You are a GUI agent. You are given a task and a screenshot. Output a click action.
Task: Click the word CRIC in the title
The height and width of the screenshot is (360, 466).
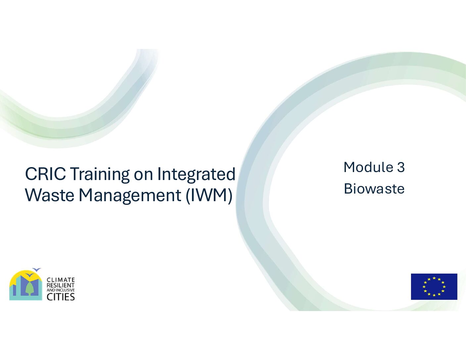(45, 173)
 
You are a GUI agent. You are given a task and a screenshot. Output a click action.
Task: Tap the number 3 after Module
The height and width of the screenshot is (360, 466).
(400, 167)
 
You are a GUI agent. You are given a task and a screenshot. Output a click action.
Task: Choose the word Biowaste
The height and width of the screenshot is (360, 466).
(374, 189)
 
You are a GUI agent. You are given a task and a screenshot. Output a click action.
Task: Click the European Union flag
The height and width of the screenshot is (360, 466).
(434, 287)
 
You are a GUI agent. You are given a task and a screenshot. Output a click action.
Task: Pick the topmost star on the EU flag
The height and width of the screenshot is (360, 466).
(434, 278)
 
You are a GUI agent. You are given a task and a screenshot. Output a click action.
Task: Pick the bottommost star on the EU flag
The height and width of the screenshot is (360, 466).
(434, 295)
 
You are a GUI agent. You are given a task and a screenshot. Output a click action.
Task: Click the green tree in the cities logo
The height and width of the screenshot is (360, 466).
(28, 287)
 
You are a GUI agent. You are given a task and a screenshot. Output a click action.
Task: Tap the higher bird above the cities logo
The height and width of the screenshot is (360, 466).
(37, 269)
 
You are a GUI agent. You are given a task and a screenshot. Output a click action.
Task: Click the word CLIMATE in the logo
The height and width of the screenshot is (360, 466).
(61, 280)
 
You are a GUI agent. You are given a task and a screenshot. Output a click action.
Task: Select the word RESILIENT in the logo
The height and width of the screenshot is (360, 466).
(61, 285)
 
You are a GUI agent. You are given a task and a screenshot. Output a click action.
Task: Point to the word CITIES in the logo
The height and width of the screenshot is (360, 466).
(61, 297)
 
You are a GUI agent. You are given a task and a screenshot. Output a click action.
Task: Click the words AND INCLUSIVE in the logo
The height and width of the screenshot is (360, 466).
(61, 290)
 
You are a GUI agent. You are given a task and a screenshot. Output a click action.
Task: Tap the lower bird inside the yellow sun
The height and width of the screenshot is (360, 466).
(30, 275)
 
